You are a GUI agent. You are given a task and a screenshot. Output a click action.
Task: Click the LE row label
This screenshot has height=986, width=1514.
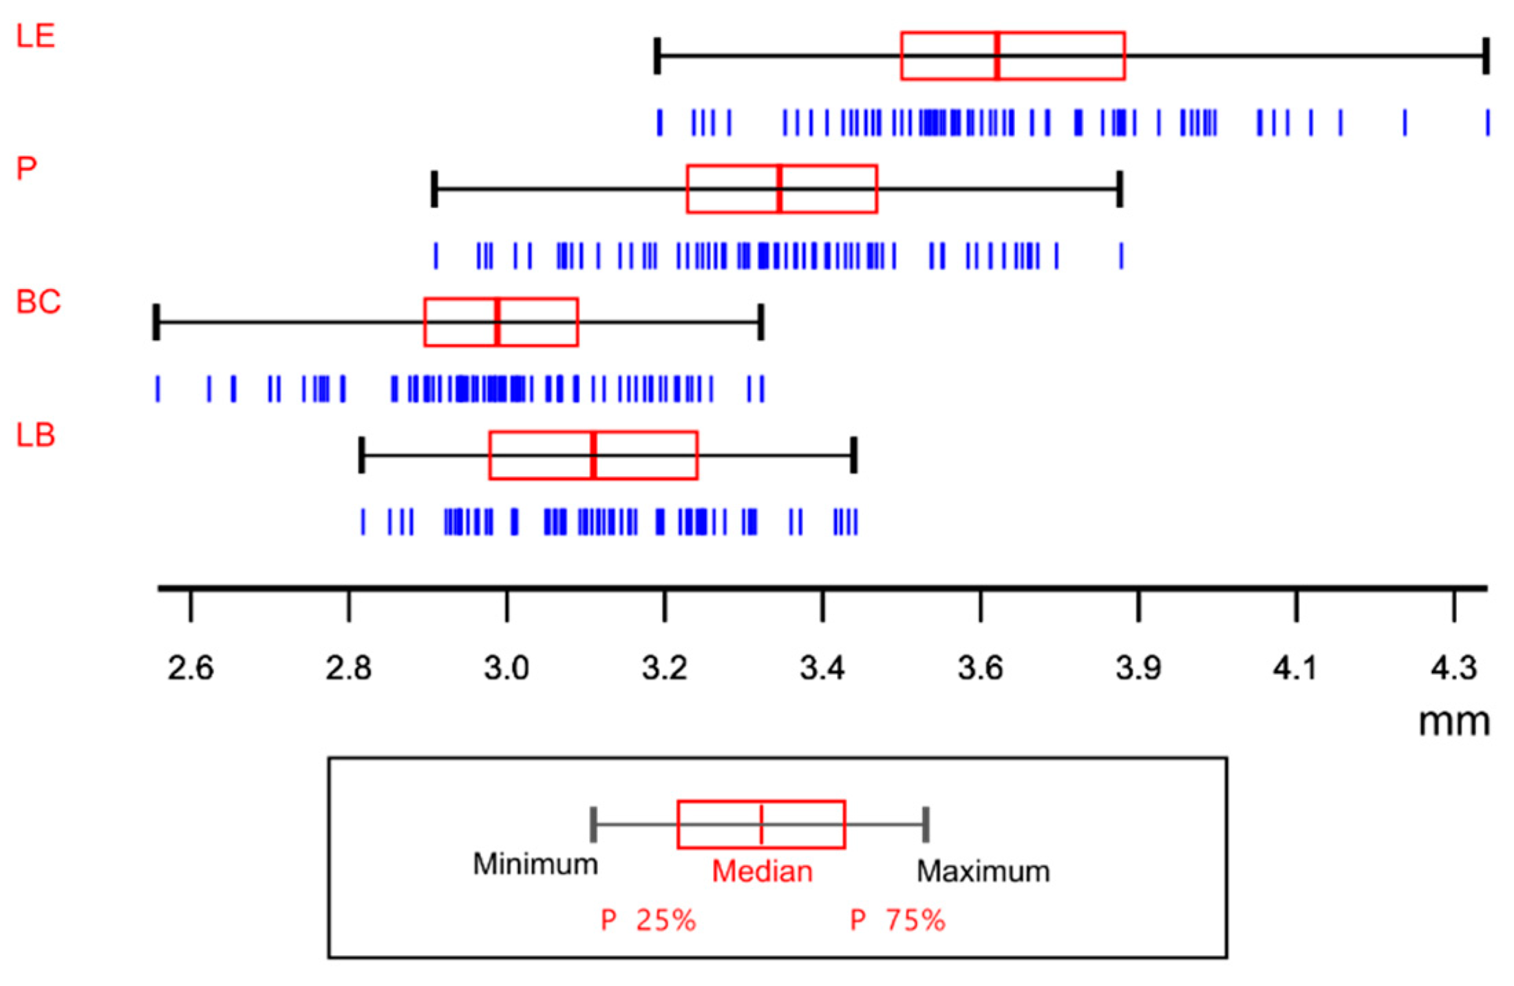pos(35,36)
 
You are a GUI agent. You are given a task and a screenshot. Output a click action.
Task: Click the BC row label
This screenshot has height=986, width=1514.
pos(39,302)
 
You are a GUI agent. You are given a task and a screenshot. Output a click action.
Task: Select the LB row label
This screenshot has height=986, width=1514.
pos(35,436)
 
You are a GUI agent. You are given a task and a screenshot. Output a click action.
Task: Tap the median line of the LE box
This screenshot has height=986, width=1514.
pos(996,56)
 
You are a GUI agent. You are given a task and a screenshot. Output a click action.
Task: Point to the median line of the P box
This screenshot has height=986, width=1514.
pos(779,189)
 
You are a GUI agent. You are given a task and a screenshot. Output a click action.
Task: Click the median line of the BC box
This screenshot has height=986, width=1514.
pos(497,322)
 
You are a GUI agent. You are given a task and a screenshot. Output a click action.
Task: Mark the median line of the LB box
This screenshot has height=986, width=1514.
pos(593,455)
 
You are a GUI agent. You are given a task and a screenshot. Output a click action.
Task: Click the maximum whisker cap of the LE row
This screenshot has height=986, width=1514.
pos(1486,56)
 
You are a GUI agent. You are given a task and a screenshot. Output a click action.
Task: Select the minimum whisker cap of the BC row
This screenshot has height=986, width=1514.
pos(156,321)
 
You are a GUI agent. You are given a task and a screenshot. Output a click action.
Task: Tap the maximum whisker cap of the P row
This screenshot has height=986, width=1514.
pos(1120,189)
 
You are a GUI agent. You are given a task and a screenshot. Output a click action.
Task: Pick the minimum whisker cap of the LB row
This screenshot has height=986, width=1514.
pos(361,455)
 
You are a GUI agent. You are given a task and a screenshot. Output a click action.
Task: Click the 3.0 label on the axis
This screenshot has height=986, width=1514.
pos(506,668)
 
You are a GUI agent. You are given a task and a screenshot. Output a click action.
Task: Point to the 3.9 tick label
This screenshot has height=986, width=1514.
pos(1138,668)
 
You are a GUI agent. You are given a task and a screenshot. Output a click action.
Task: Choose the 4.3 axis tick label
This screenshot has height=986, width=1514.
pos(1453,668)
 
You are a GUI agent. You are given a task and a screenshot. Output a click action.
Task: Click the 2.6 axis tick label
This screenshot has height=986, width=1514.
pos(191,668)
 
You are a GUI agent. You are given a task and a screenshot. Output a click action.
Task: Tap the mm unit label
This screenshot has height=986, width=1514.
pos(1454,722)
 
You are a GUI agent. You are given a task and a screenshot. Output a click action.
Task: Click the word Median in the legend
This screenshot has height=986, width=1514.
pos(762,872)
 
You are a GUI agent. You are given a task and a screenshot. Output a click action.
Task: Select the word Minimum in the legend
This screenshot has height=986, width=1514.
pos(535,864)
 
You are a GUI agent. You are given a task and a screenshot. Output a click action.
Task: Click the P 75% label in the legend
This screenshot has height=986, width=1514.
pos(897,921)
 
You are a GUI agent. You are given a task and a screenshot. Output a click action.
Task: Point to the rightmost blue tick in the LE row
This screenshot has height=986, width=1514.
pos(1487,122)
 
